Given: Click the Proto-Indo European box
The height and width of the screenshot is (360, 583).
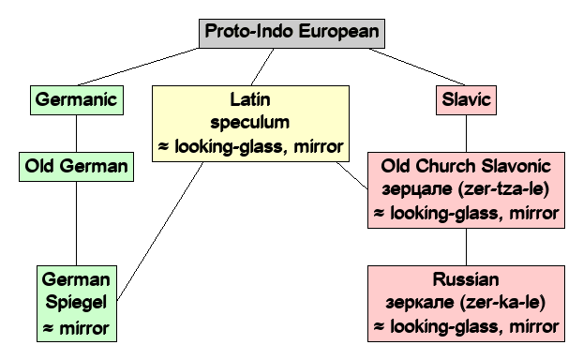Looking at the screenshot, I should point(291,32).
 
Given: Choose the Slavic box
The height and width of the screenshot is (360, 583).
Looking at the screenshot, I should point(466,97).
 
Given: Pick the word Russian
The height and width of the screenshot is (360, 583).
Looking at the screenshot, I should point(466,279).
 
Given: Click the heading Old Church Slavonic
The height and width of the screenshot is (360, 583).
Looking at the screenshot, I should point(466,167).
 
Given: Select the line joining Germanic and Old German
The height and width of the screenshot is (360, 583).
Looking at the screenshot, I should point(76,132).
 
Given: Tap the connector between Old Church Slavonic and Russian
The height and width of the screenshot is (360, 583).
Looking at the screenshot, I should point(467,247).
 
